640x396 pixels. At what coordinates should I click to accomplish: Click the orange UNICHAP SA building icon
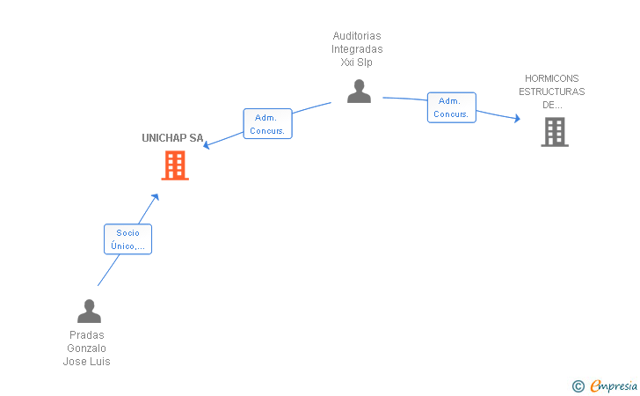point(175,165)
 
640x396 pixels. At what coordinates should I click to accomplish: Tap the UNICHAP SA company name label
point(172,138)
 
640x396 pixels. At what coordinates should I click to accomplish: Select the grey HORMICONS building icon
point(555,132)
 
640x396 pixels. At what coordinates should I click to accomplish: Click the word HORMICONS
point(551,78)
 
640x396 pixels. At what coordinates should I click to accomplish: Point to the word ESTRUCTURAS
point(551,92)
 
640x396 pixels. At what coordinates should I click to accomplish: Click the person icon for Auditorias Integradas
point(359,92)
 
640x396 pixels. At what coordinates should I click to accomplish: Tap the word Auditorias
point(357,36)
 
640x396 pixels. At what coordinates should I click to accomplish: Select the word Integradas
point(357,49)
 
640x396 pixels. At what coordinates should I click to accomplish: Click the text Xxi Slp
point(356,62)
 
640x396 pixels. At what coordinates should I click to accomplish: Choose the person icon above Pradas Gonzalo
point(89,311)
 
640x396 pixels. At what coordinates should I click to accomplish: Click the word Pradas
point(86,335)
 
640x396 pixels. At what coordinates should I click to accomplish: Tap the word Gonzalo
point(86,348)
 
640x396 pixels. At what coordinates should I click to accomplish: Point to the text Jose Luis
point(86,362)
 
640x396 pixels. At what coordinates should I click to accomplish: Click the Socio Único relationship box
point(127,239)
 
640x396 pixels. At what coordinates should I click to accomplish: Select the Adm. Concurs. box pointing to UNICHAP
point(267,123)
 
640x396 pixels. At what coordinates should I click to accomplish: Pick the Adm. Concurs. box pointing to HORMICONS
point(452,107)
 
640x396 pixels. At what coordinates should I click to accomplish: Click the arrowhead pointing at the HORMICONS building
point(517,118)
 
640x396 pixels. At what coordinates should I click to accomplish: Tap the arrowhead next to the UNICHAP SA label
point(207,144)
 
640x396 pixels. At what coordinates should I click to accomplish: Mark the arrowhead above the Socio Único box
point(155,197)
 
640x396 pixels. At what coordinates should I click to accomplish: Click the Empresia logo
point(605,385)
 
